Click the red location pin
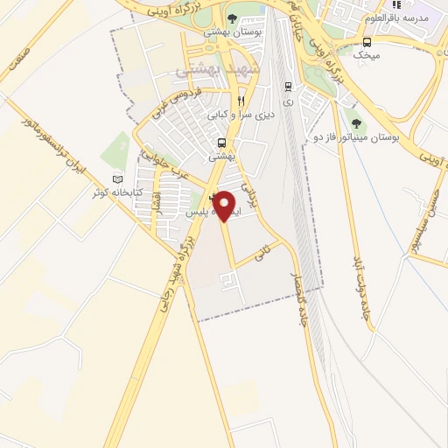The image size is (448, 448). (x=225, y=206)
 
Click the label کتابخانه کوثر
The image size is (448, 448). (x=112, y=192)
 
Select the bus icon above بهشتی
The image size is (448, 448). (x=221, y=143)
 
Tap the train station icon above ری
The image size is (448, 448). (x=288, y=86)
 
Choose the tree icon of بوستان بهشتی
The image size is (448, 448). (x=232, y=19)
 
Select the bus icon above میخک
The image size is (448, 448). (x=366, y=41)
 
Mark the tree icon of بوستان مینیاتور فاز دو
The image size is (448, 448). (x=356, y=122)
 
